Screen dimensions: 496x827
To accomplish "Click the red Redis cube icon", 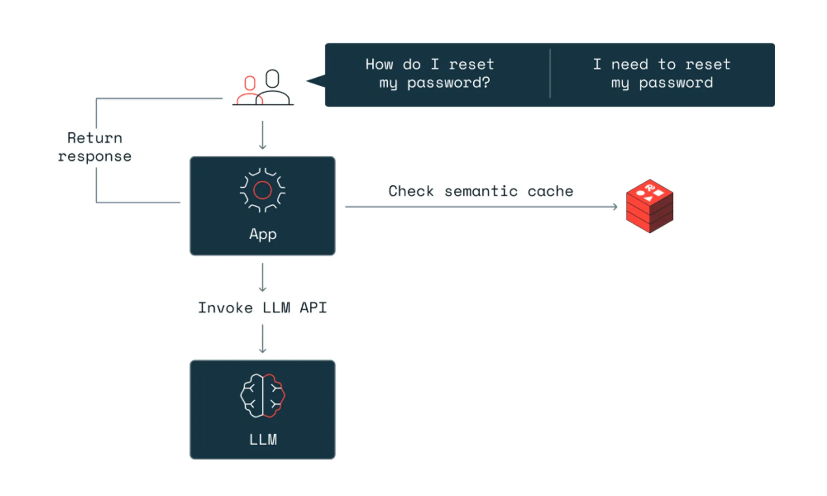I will tap(649, 206).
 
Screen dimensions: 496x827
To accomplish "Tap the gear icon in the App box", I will tap(262, 190).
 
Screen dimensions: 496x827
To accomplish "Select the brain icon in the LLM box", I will tap(262, 396).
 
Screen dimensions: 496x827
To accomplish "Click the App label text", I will tap(262, 234).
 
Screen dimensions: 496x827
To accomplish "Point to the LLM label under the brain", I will tap(263, 439).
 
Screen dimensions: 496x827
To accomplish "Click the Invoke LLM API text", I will tap(262, 308).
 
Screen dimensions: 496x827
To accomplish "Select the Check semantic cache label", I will tap(480, 191).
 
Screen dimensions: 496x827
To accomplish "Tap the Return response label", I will tap(95, 147).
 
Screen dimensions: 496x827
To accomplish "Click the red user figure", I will tap(249, 90).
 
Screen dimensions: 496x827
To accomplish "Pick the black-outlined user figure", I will tap(273, 88).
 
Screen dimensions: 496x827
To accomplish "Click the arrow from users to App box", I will tap(262, 135).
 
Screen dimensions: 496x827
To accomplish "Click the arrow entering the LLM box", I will tap(262, 339).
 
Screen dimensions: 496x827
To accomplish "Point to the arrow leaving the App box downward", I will tap(262, 277).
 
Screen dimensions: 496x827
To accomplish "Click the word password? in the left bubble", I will tap(448, 83).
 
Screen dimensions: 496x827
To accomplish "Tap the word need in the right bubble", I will tap(629, 64).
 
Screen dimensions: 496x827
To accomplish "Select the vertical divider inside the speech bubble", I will tap(550, 74).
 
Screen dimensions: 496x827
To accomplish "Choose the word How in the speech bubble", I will tap(379, 64).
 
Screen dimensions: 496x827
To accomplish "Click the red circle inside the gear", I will tap(262, 190).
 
